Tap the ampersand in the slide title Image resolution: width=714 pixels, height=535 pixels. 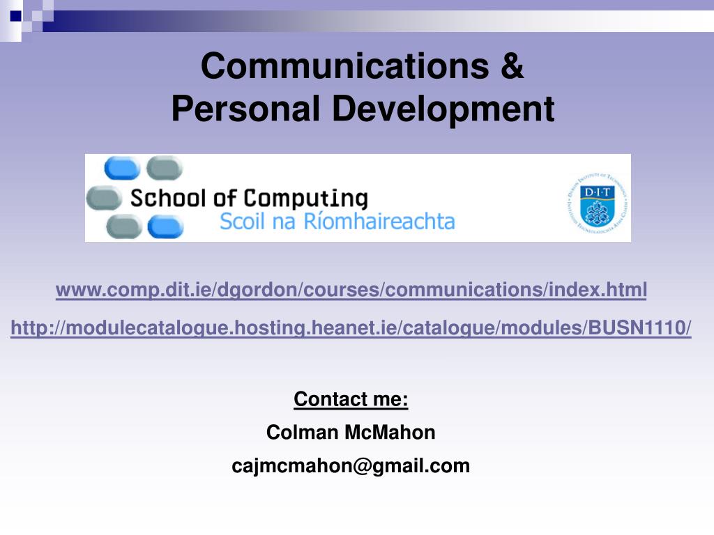(511, 66)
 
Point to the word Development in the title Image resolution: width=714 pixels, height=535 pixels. (443, 109)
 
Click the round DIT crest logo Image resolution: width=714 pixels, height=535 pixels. (597, 199)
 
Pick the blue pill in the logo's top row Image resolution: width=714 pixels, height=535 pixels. (121, 168)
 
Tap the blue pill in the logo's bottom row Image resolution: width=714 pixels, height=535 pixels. (166, 227)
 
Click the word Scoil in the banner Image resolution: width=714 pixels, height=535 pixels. (242, 222)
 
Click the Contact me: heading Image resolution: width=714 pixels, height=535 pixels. (351, 399)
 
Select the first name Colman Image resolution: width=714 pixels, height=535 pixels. (302, 433)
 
